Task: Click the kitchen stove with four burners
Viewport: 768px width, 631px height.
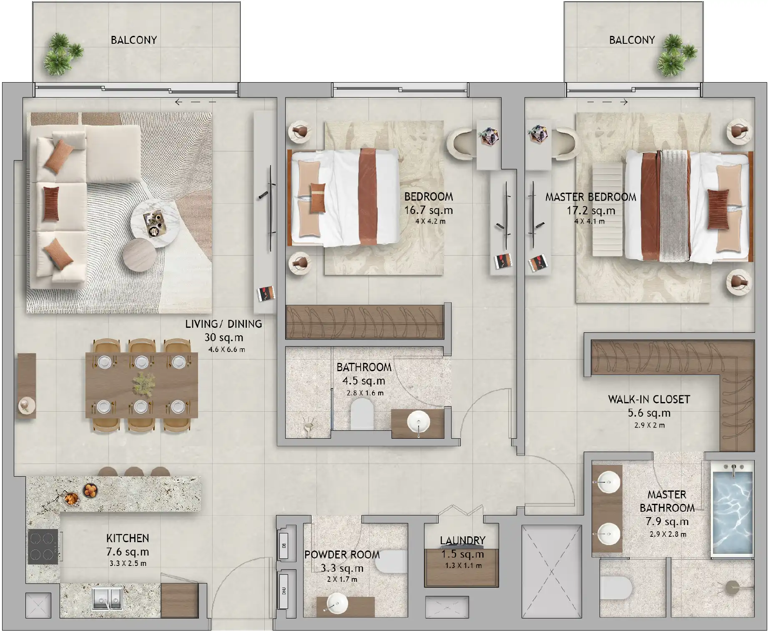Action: (x=43, y=547)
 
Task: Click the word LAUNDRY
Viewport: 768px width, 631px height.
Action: (x=462, y=540)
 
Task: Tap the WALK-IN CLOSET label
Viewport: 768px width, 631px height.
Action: (x=649, y=400)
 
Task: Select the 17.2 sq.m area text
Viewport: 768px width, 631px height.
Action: (x=590, y=211)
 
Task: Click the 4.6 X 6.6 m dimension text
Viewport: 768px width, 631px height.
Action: (x=227, y=349)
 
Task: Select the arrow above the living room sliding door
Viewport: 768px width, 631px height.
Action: (x=179, y=102)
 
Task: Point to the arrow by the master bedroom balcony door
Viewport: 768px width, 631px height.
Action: (x=624, y=102)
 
